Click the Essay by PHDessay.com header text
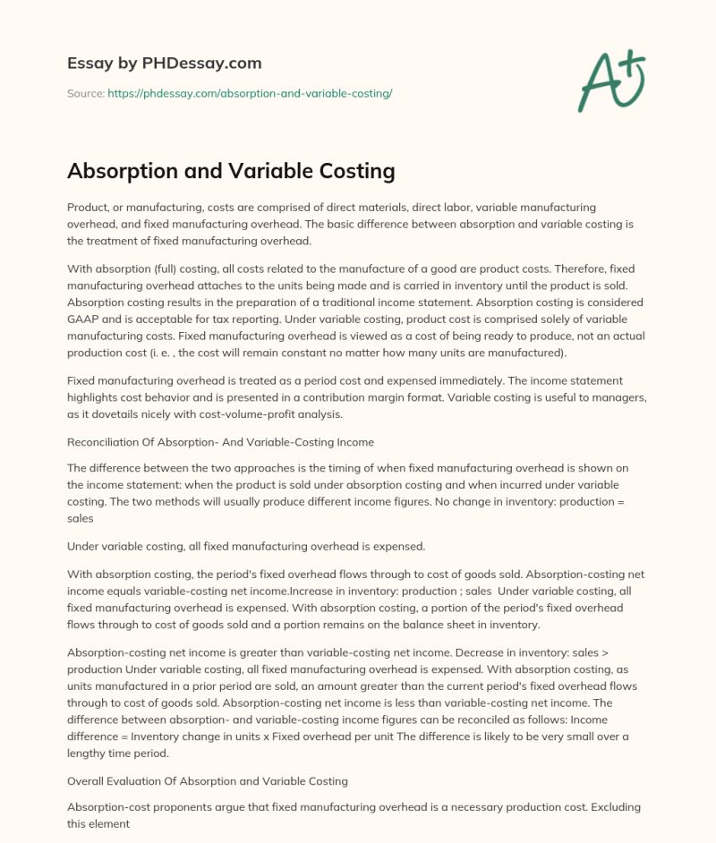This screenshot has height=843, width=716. pyautogui.click(x=164, y=64)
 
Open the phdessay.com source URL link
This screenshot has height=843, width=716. pyautogui.click(x=250, y=93)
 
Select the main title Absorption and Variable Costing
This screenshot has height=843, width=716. pyautogui.click(x=231, y=170)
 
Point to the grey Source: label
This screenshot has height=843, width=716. pyautogui.click(x=85, y=93)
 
